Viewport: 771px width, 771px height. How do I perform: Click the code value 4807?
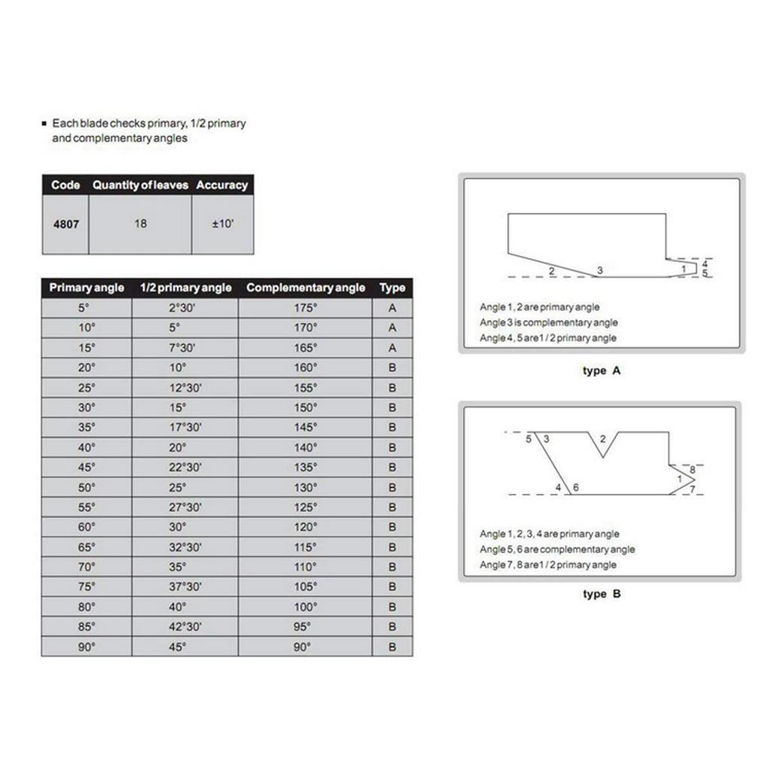click(66, 224)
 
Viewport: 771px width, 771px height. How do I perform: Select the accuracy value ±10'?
click(222, 224)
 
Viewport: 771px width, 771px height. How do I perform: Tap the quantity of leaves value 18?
click(140, 224)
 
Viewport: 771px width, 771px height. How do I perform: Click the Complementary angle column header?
click(305, 288)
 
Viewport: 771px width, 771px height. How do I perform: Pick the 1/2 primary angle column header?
click(185, 288)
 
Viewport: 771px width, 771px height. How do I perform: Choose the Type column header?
click(392, 288)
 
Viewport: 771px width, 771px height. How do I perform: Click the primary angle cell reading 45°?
click(87, 468)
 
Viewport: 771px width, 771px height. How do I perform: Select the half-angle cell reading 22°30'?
click(184, 468)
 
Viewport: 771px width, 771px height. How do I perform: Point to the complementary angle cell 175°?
click(305, 308)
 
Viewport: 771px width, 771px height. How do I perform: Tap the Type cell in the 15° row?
click(392, 348)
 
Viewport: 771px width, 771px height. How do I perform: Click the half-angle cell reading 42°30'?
click(184, 627)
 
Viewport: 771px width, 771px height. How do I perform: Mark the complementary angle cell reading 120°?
click(305, 527)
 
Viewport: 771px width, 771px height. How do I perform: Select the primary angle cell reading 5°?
click(87, 308)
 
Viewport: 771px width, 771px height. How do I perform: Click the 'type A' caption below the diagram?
click(602, 371)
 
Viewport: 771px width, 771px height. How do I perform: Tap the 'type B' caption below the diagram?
click(602, 594)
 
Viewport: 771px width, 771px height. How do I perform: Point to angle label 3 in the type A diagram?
click(599, 270)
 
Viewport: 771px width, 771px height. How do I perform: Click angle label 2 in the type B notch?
click(602, 439)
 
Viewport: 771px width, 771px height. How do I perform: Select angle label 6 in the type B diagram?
click(576, 488)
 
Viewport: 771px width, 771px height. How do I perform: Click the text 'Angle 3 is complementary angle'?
click(549, 323)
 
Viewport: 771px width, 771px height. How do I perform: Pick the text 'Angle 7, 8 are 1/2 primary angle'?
click(548, 565)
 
